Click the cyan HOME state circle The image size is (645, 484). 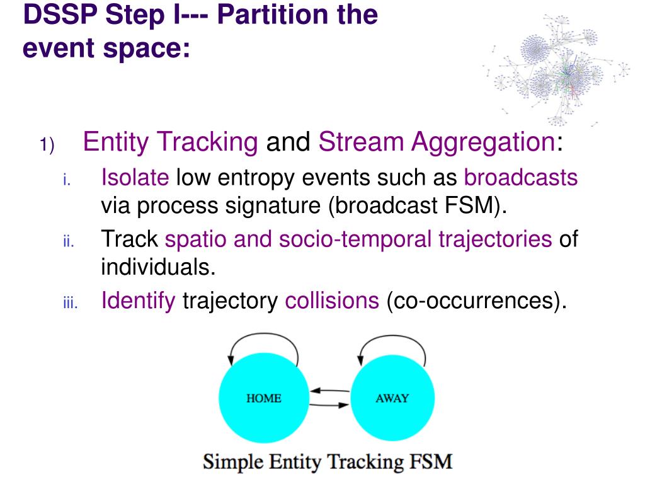click(x=263, y=398)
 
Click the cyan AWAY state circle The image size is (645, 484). click(x=392, y=398)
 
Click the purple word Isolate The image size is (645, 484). click(x=135, y=178)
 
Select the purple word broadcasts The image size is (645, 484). click(x=521, y=178)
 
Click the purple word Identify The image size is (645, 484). click(x=138, y=301)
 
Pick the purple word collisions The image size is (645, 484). click(x=332, y=301)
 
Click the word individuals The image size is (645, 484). click(x=158, y=267)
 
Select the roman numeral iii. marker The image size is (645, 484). click(x=69, y=304)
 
